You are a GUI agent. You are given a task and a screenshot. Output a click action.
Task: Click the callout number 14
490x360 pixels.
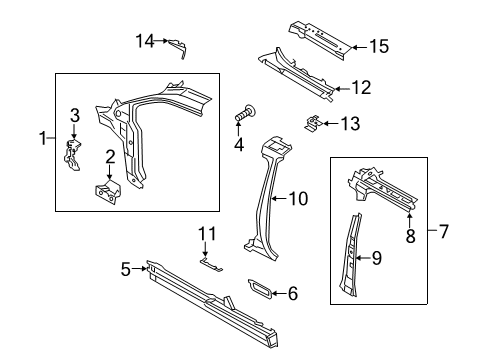coord(145,40)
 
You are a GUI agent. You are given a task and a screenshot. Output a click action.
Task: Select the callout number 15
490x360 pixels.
coord(378,46)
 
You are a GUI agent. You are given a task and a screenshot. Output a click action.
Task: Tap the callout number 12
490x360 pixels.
coord(361,88)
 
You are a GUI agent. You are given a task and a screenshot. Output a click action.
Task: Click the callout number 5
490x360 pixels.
coord(126,267)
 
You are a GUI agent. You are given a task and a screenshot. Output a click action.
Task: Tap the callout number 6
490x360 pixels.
coord(292,293)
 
